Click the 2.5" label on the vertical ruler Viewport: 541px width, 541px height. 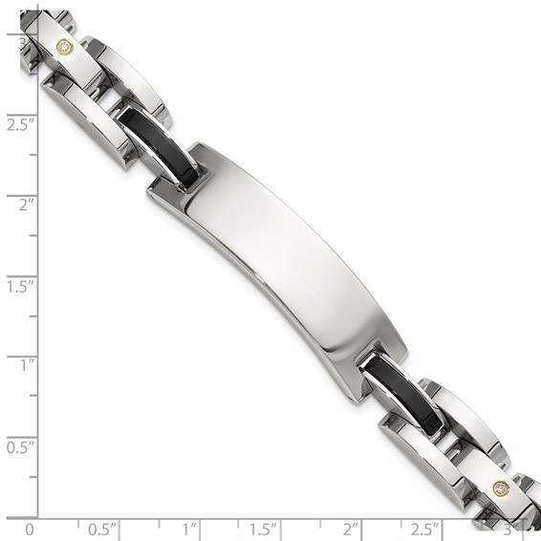click(x=20, y=124)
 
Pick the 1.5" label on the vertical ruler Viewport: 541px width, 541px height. click(x=20, y=285)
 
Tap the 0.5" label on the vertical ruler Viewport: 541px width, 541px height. click(x=20, y=445)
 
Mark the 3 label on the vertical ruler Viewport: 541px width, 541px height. click(x=11, y=42)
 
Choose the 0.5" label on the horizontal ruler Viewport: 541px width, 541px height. click(x=102, y=528)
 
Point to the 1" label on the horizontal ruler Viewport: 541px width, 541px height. click(x=189, y=528)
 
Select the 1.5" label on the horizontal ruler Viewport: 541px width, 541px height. click(x=263, y=528)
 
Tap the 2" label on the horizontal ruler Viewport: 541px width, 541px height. click(x=350, y=528)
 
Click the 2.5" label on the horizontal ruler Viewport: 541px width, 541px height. click(x=424, y=528)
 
